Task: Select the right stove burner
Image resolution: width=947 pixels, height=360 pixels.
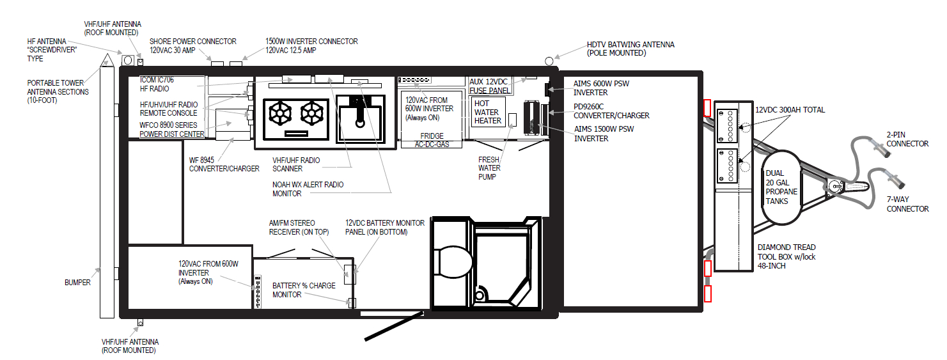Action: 313,113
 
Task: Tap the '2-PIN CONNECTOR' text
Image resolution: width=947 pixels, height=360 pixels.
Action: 907,139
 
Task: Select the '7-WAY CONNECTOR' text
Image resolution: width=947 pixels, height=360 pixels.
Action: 907,205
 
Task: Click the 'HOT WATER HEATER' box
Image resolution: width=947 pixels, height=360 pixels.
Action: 488,112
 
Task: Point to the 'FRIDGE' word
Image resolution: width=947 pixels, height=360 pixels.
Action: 432,136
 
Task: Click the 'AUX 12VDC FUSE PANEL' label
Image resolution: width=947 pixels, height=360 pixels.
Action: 490,86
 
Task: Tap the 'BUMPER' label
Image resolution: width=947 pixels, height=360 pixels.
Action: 77,282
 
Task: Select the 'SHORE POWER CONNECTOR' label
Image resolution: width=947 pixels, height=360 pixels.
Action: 192,45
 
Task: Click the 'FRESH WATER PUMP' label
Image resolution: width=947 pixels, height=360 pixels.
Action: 492,168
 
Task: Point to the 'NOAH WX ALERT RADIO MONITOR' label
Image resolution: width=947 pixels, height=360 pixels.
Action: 308,189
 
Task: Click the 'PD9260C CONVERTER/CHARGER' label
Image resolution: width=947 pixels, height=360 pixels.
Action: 611,112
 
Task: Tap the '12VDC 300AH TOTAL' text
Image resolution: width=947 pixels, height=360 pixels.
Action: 790,110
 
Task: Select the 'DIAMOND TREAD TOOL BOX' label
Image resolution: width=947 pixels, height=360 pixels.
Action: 786,256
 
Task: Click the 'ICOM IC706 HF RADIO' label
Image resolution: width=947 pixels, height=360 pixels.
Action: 157,84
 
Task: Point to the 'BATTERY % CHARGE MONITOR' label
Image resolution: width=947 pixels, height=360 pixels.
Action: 303,290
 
